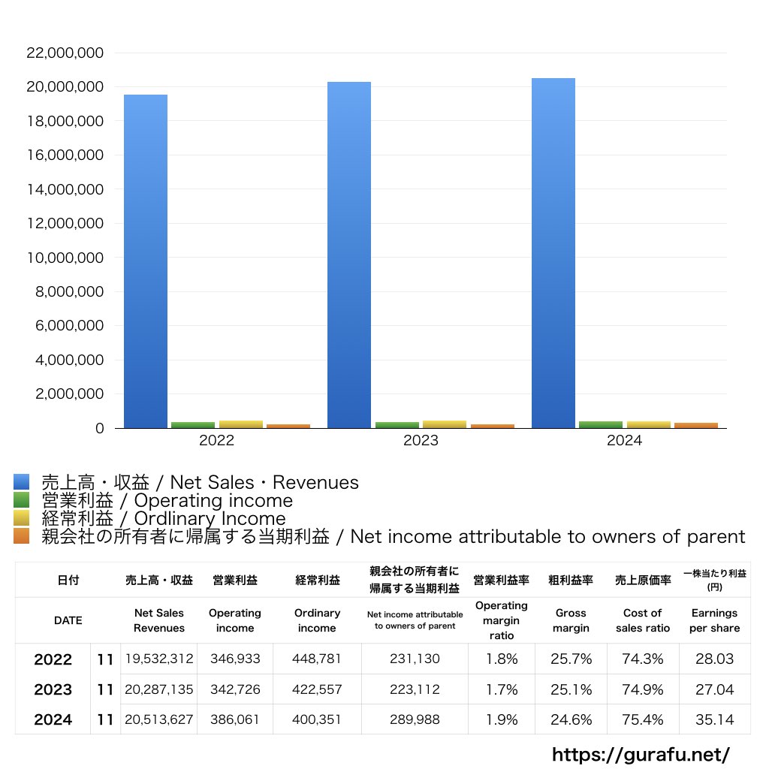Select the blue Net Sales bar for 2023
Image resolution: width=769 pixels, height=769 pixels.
click(x=349, y=255)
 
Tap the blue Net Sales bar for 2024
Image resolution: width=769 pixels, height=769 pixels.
click(x=553, y=253)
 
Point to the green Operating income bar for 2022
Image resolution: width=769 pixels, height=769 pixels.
click(x=193, y=425)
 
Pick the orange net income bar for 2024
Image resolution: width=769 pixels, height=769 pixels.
click(x=696, y=425)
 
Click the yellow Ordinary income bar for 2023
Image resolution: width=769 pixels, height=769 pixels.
click(x=445, y=424)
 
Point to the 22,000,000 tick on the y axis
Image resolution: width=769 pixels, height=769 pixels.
click(x=65, y=53)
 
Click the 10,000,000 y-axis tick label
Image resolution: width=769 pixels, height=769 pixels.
click(x=65, y=258)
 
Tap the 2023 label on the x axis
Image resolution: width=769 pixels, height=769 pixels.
click(x=421, y=441)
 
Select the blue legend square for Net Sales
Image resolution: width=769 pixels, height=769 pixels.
click(x=22, y=482)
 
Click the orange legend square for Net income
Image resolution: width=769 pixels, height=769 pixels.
click(x=22, y=536)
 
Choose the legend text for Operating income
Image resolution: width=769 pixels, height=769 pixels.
click(x=167, y=500)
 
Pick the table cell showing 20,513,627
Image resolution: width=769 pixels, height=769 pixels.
click(x=159, y=719)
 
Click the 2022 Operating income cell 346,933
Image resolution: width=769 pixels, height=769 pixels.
click(x=235, y=659)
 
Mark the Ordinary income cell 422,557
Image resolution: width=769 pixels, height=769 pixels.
click(x=317, y=689)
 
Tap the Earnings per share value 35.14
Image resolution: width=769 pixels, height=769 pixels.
click(x=714, y=719)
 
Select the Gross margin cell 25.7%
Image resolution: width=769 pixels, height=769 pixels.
click(x=571, y=659)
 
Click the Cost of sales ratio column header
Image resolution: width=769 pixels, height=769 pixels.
click(x=643, y=620)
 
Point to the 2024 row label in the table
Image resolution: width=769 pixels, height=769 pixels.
click(x=53, y=719)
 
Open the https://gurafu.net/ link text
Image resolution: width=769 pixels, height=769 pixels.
click(x=641, y=754)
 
